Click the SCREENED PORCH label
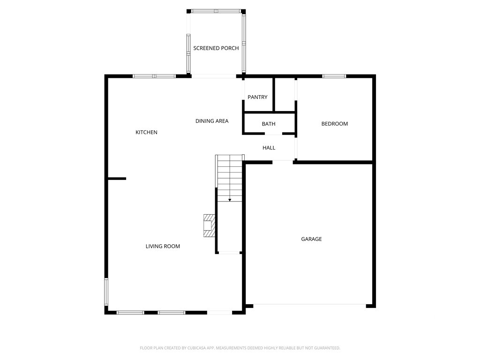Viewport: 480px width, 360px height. point(216,48)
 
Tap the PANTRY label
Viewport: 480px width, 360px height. point(257,97)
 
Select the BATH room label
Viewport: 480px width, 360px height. point(269,124)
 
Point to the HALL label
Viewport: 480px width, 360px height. point(269,148)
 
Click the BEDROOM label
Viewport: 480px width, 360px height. point(335,124)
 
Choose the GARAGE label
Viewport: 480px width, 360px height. point(311,239)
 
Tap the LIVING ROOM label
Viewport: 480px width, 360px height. point(163,246)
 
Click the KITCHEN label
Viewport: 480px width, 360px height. point(146,132)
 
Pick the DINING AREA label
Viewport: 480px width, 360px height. point(212,121)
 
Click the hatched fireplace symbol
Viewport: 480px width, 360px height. point(210,225)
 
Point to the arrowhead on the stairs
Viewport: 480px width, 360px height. point(230,200)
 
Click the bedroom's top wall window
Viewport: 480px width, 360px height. point(334,76)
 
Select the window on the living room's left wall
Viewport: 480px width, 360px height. point(106,292)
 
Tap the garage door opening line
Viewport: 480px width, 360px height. point(309,304)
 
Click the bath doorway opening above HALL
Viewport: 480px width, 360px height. point(273,134)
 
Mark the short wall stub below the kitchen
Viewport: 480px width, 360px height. point(117,179)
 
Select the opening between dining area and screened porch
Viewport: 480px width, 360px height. point(214,76)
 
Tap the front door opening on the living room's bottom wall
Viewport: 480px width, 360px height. point(219,313)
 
